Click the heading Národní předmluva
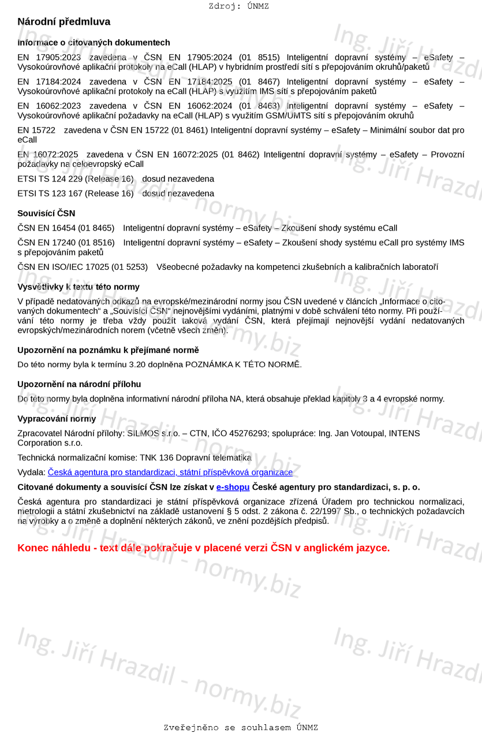(x=63, y=22)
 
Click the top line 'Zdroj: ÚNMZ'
(x=239, y=6)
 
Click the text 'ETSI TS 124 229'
(x=50, y=179)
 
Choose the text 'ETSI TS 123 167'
(x=50, y=194)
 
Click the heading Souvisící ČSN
(x=46, y=213)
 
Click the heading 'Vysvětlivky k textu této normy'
(x=79, y=287)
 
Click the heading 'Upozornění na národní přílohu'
(x=79, y=384)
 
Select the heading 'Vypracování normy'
(x=57, y=419)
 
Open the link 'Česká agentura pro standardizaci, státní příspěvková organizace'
(x=170, y=472)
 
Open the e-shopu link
(x=233, y=488)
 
